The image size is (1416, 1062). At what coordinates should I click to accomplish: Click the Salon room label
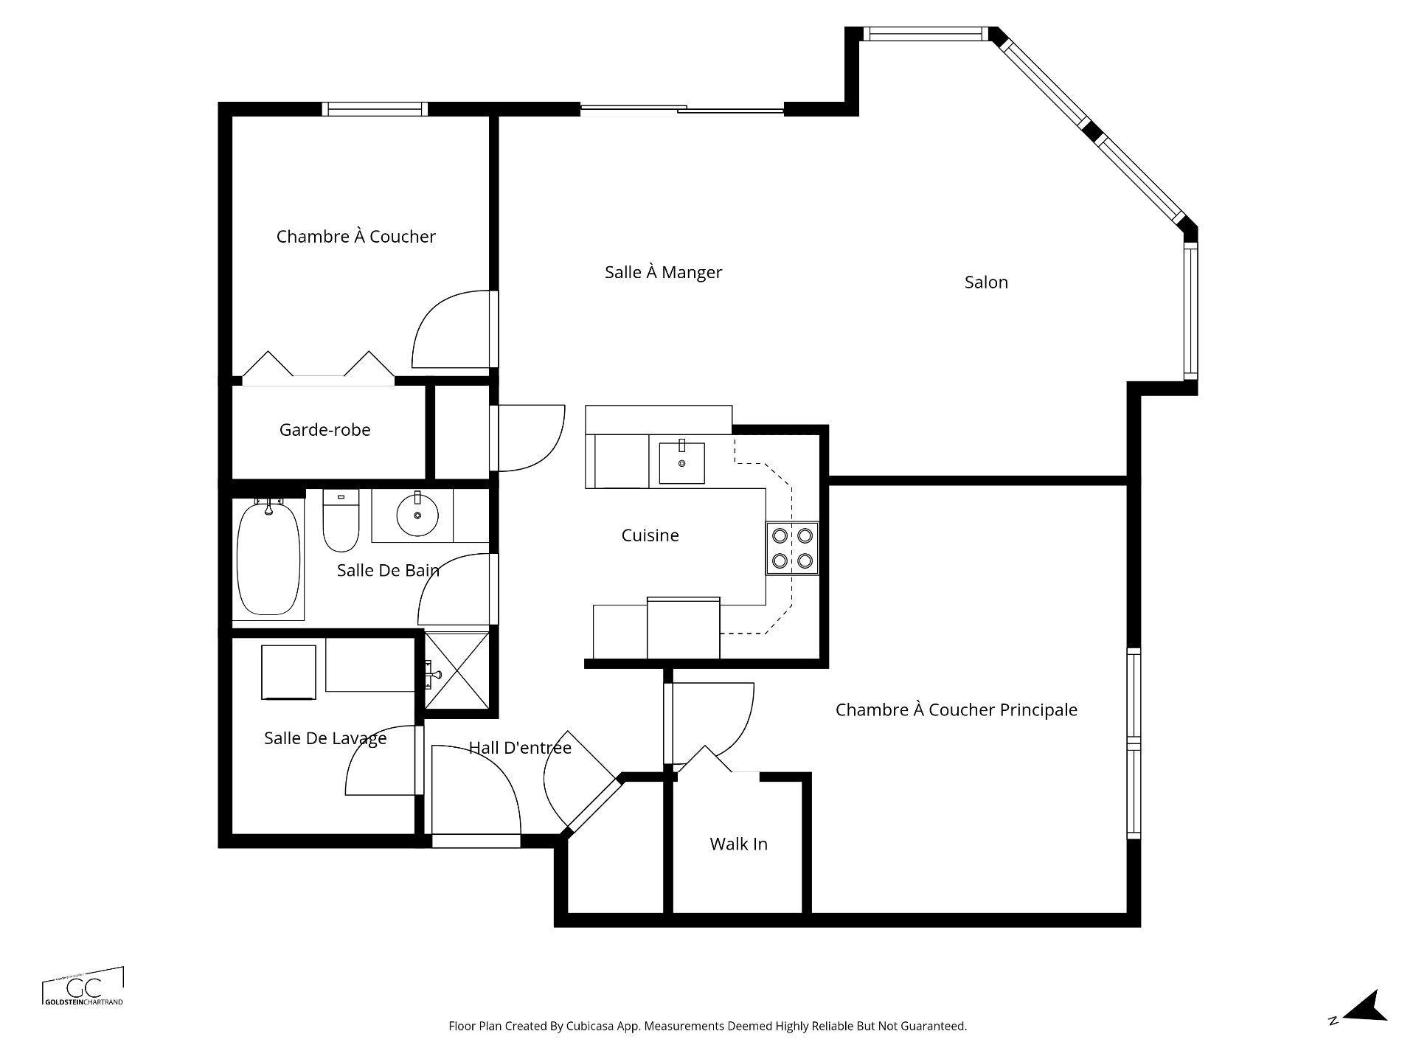tap(985, 282)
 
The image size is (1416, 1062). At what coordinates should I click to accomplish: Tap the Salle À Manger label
tap(663, 272)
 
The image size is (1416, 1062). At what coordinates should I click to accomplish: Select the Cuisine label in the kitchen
tap(650, 535)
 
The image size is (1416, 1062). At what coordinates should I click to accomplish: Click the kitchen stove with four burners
tap(792, 548)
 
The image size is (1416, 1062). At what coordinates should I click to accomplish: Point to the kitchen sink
tap(681, 462)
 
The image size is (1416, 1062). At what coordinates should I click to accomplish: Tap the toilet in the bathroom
tap(341, 522)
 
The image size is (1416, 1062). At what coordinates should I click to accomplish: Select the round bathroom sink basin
tap(417, 516)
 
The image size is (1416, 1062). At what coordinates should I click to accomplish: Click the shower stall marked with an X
tap(457, 672)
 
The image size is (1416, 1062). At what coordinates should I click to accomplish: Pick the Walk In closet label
tap(738, 844)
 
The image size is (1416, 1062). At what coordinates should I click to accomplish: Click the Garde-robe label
tap(324, 430)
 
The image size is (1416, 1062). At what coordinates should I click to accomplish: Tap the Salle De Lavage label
tap(325, 738)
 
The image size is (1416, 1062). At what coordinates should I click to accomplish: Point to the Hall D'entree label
tap(520, 748)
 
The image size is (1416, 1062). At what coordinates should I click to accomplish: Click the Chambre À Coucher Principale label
tap(956, 710)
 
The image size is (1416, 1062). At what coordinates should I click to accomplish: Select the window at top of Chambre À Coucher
tap(376, 109)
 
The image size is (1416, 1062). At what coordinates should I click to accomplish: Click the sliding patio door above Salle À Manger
tap(681, 111)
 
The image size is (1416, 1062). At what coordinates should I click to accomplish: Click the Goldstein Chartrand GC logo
tap(83, 987)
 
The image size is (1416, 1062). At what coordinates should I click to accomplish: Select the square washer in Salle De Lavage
tap(288, 672)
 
